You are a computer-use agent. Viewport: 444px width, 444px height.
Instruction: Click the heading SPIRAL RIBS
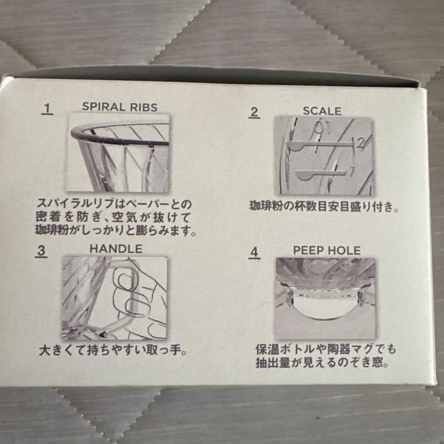coord(120,107)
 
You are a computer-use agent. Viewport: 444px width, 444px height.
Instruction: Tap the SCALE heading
coord(322,111)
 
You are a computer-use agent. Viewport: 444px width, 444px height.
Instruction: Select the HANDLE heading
coord(116,249)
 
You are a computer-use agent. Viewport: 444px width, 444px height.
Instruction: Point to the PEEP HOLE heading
coord(327,250)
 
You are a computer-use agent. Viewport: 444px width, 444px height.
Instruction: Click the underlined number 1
coord(47,109)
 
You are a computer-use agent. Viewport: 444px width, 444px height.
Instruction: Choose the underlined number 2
coord(254,113)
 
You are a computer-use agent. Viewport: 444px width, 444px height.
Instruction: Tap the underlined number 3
coord(41,251)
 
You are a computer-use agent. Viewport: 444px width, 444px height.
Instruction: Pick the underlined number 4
coord(254,252)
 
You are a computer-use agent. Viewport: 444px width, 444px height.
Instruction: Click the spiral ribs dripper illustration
coord(118,153)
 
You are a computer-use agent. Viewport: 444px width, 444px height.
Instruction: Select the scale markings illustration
coord(324,156)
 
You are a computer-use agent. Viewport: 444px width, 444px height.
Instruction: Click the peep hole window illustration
coord(326,299)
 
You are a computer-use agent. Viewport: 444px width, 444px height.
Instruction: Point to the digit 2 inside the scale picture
coord(360,143)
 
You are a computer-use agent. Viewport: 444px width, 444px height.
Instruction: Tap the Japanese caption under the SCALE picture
coord(324,206)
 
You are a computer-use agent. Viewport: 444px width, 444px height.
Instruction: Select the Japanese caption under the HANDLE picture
coord(113,350)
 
